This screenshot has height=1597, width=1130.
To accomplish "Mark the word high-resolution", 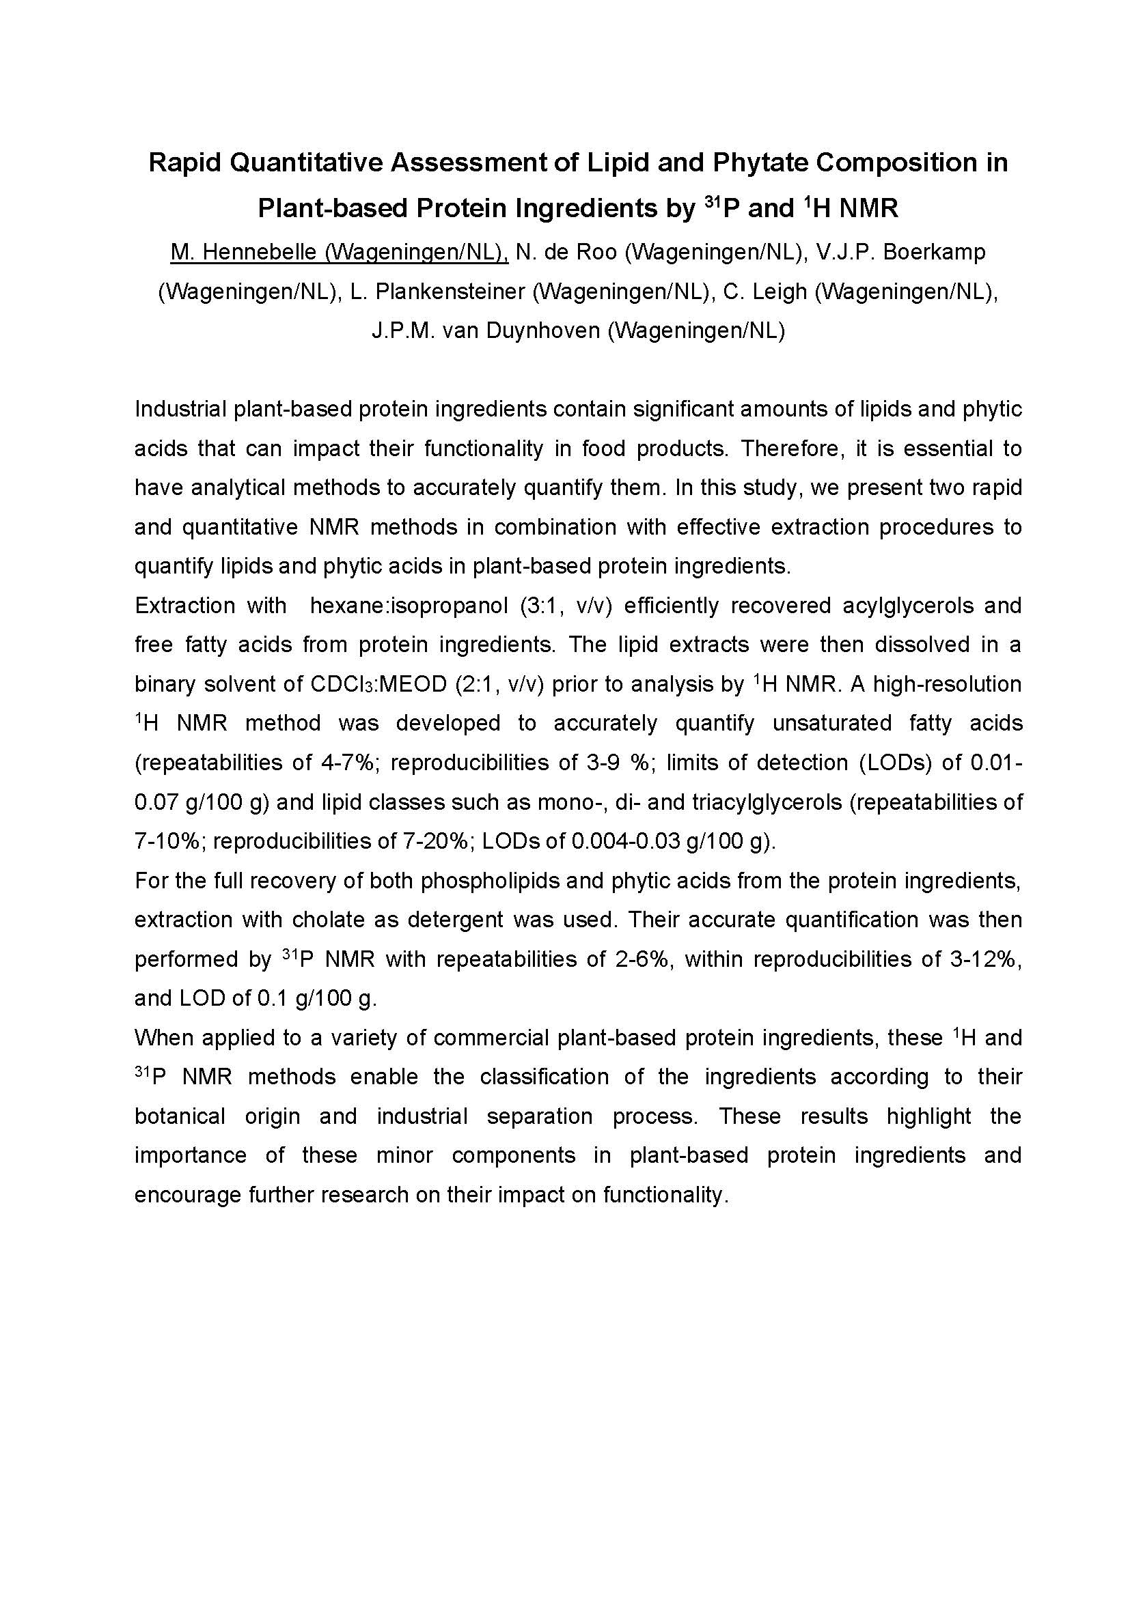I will (x=947, y=684).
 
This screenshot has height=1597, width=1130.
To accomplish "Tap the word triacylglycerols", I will (x=767, y=803).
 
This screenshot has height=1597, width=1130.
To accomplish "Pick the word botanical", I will (x=180, y=1116).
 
